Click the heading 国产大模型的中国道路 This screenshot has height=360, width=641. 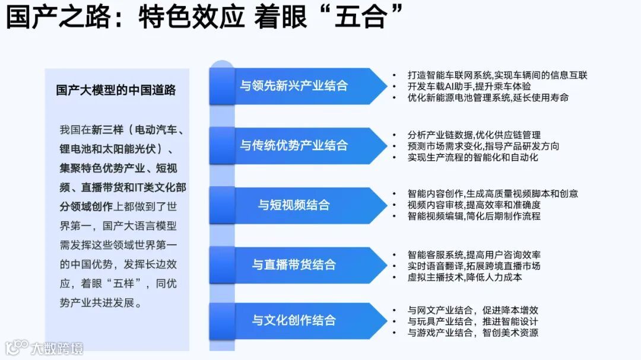[116, 90]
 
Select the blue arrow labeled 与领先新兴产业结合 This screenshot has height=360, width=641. [294, 85]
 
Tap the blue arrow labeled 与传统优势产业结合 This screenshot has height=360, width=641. [294, 145]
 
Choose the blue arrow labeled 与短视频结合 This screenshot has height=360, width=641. [294, 205]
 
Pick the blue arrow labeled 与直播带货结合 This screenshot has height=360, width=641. [294, 265]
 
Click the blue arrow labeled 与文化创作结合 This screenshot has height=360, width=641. [294, 320]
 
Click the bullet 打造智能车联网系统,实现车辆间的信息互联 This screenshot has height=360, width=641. [497, 75]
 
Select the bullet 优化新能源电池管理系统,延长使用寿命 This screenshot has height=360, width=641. [488, 97]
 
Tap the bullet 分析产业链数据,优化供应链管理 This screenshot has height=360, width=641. [474, 135]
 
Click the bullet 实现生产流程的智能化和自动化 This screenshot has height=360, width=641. [472, 157]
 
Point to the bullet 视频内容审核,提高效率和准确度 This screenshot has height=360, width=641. [474, 205]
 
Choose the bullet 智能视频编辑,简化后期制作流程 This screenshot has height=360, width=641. [474, 216]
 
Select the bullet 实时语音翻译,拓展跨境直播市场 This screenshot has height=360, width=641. [474, 266]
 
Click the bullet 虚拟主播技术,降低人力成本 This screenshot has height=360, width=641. [465, 277]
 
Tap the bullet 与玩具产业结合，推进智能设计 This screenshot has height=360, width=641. [472, 321]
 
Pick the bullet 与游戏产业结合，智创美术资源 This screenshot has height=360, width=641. [472, 333]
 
